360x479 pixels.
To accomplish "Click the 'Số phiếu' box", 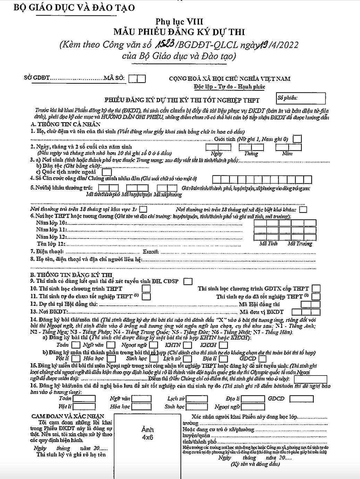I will click(x=301, y=99).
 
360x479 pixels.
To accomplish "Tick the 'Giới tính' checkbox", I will click(x=297, y=139).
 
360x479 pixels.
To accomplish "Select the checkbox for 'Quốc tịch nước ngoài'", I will click(x=107, y=172).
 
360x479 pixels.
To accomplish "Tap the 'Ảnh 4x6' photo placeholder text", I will click(x=147, y=434).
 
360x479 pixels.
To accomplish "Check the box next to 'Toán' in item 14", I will click(x=75, y=345).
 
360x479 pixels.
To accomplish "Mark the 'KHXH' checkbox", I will click(x=223, y=345).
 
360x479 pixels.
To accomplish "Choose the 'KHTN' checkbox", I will click(x=188, y=345).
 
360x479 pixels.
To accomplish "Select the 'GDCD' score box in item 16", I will click(x=301, y=399).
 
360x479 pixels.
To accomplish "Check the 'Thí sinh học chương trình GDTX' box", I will click(x=316, y=289).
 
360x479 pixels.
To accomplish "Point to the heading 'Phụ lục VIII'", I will click(x=179, y=22).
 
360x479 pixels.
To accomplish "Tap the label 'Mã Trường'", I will click(x=300, y=244).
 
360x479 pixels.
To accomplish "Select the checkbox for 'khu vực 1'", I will click(x=143, y=210).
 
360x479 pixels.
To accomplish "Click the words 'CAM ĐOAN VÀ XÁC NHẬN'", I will click(x=67, y=416).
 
